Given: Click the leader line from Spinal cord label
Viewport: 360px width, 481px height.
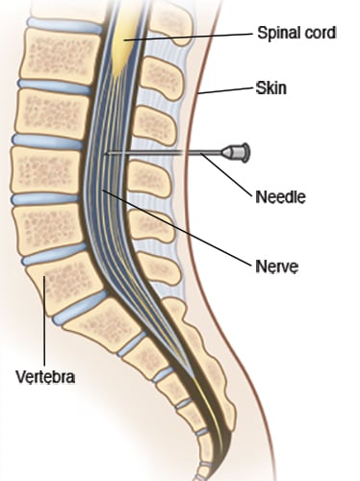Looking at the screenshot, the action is tap(193, 36).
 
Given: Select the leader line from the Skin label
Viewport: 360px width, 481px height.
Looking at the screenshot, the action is tap(226, 91).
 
